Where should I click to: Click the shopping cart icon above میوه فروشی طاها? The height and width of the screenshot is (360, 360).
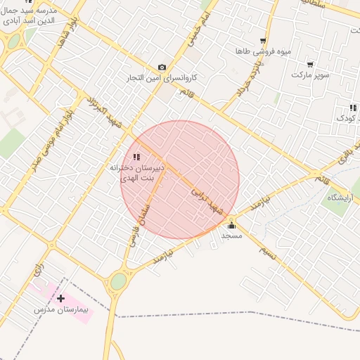pyautogui.click(x=263, y=41)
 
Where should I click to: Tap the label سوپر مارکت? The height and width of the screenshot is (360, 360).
pyautogui.click(x=310, y=74)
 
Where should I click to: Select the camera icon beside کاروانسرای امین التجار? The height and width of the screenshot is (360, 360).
pyautogui.click(x=162, y=67)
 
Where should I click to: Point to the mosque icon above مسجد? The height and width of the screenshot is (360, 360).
pyautogui.click(x=232, y=225)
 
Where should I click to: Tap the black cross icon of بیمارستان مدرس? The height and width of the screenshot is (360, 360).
pyautogui.click(x=61, y=299)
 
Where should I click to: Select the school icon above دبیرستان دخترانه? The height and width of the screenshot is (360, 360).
pyautogui.click(x=136, y=157)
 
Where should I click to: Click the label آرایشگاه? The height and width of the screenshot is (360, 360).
pyautogui.click(x=341, y=198)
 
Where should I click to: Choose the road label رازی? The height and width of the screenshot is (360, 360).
pyautogui.click(x=37, y=268)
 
